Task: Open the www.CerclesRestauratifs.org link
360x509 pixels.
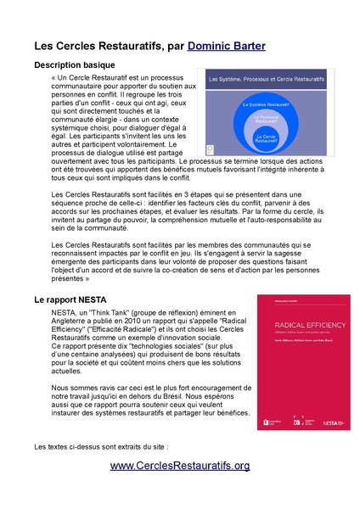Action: tap(180, 466)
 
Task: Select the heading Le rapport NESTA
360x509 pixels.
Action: tap(70, 300)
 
